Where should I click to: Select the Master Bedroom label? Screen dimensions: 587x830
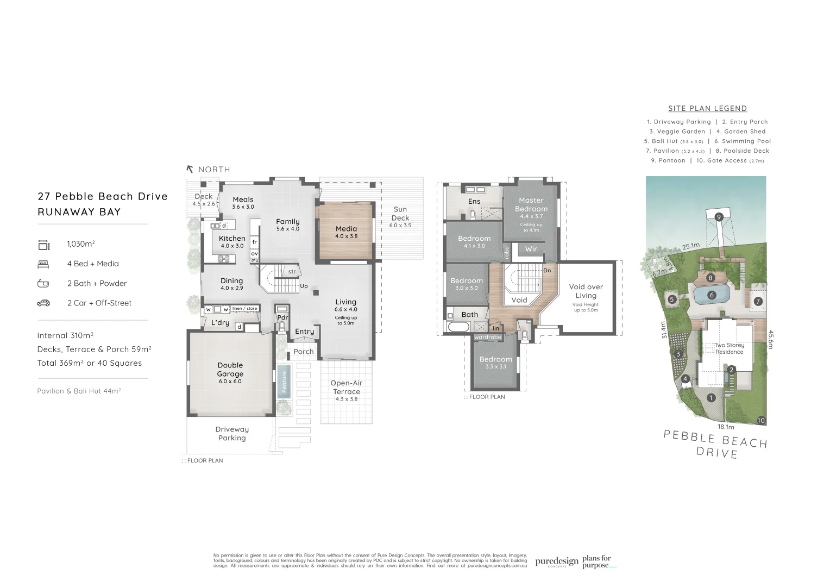(531, 204)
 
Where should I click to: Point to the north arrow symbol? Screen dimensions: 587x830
(190, 169)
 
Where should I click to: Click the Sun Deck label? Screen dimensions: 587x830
(400, 214)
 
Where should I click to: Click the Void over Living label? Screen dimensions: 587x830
(586, 291)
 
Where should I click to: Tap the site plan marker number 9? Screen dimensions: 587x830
(719, 217)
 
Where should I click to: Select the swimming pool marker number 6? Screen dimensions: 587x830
(712, 295)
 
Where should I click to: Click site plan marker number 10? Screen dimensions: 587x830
(760, 420)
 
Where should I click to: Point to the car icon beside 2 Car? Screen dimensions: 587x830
(43, 303)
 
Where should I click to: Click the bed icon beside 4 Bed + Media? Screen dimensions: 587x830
(43, 264)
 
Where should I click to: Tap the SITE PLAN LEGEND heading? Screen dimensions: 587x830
(707, 109)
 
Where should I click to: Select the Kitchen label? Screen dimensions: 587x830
(232, 241)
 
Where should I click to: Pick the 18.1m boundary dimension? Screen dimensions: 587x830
(726, 427)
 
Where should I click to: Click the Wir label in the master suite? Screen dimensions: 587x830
(531, 249)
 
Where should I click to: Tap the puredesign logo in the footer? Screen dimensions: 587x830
(556, 562)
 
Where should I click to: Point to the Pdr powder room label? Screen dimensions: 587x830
(282, 317)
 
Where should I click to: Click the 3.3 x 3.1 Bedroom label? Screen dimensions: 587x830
(495, 363)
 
